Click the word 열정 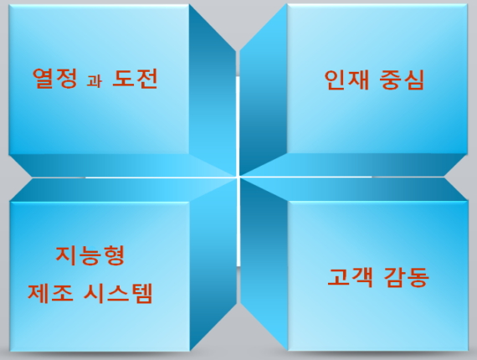pyautogui.click(x=54, y=78)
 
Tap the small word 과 pyautogui.click(x=95, y=81)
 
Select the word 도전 pyautogui.click(x=135, y=78)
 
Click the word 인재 pyautogui.click(x=346, y=80)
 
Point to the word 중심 pyautogui.click(x=402, y=80)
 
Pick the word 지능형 pyautogui.click(x=90, y=255)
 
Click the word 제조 pyautogui.click(x=50, y=293)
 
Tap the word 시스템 pyautogui.click(x=117, y=293)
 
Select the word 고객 pyautogui.click(x=350, y=277)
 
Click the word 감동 pyautogui.click(x=406, y=277)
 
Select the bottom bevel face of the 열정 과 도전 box pyautogui.click(x=121, y=165)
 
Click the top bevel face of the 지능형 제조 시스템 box pyautogui.click(x=121, y=189)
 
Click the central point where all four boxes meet pyautogui.click(x=238, y=177)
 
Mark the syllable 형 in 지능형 pyautogui.click(x=114, y=255)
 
